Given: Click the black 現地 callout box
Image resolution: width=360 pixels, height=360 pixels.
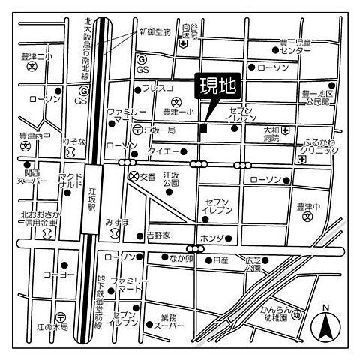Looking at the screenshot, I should pos(217,86).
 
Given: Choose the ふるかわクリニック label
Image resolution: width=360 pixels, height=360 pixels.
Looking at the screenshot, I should pos(321,146).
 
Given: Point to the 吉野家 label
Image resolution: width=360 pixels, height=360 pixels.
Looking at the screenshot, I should pos(158,235).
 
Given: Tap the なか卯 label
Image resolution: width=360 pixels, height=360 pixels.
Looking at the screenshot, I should pos(181,259).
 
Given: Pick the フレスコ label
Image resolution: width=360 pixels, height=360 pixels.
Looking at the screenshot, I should pos(157,88).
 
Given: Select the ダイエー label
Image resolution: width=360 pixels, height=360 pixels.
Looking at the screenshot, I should pos(163,151).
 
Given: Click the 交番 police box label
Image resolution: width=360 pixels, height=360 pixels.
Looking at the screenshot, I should pos(148,177).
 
